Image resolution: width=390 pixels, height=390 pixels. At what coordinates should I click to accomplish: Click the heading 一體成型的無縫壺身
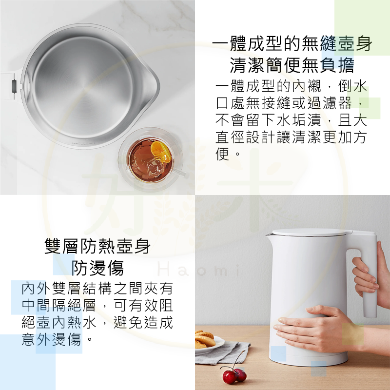pos(292,45)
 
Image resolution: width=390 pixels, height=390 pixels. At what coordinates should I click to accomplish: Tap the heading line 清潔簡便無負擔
pos(292,65)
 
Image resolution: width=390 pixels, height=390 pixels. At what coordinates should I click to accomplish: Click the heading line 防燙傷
pos(97,268)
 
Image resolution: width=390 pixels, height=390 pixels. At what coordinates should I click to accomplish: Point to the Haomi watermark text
pos(200,270)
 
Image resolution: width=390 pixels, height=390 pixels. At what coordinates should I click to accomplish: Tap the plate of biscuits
pos(207,341)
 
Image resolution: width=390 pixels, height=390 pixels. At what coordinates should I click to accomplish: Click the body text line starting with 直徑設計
pos(291,137)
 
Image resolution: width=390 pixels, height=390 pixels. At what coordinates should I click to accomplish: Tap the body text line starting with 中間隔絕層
pos(97,306)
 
